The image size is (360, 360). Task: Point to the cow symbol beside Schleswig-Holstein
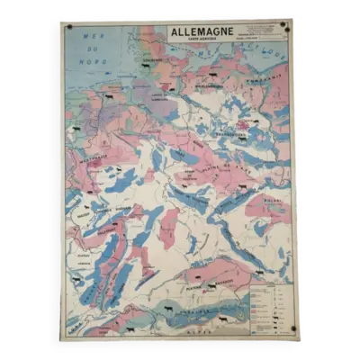pyautogui.click(x=108, y=95)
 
